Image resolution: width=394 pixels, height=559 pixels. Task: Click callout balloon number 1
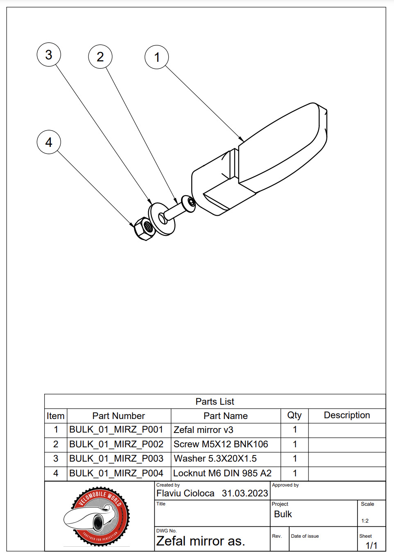[x=157, y=57]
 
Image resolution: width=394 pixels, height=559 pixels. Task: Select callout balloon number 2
[x=100, y=57]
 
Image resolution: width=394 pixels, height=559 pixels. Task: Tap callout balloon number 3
[x=49, y=55]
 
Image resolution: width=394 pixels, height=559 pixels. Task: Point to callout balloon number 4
[x=49, y=142]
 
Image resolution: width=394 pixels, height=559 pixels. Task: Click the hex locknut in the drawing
[x=143, y=229]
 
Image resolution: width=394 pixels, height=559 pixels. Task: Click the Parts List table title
[x=215, y=401]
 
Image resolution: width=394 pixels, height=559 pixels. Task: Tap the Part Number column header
[x=118, y=416]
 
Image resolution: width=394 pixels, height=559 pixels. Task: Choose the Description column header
[x=346, y=415]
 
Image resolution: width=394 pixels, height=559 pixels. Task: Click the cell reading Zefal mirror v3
[x=204, y=430]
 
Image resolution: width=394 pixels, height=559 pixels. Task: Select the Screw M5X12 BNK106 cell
[x=221, y=444]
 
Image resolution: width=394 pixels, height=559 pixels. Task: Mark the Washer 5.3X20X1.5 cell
[x=215, y=458]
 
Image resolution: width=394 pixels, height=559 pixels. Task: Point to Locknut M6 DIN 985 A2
[x=222, y=473]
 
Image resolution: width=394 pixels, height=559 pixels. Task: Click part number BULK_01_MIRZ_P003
[x=116, y=458]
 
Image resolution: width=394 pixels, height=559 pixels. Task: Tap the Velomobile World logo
[x=97, y=516]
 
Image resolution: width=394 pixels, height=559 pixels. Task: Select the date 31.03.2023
[x=245, y=494]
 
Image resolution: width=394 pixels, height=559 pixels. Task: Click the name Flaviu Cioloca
[x=186, y=494]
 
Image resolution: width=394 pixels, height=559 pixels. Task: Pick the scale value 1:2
[x=365, y=521]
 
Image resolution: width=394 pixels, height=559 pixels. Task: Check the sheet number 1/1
[x=371, y=545]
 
